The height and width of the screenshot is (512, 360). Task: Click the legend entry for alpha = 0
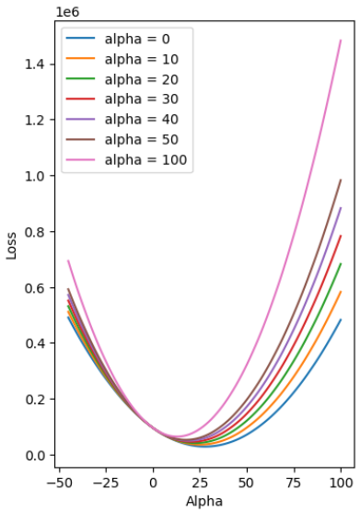click(x=118, y=39)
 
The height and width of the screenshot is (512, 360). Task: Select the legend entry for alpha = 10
click(x=122, y=59)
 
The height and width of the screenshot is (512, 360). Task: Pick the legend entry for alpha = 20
click(x=122, y=79)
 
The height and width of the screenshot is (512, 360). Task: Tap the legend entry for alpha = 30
click(x=122, y=99)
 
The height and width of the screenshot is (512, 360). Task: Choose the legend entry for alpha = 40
click(x=122, y=120)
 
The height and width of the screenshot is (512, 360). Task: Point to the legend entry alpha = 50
click(x=122, y=140)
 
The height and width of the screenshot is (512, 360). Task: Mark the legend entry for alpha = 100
click(x=126, y=160)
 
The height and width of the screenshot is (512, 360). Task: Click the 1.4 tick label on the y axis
click(x=35, y=64)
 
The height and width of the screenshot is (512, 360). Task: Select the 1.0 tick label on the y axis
click(x=35, y=176)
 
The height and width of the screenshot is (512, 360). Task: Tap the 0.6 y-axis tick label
click(x=35, y=287)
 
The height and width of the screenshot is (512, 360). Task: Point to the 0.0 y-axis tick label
click(x=35, y=455)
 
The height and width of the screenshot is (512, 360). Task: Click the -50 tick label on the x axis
click(x=59, y=483)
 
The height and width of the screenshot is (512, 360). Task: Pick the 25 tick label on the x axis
click(x=200, y=483)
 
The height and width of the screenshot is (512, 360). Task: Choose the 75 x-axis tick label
click(x=294, y=483)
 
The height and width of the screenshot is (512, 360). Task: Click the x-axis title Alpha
click(x=204, y=502)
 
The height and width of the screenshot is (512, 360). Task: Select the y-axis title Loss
click(x=11, y=246)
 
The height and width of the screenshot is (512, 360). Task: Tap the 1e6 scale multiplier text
click(x=67, y=12)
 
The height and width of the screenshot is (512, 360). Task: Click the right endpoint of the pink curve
click(x=341, y=41)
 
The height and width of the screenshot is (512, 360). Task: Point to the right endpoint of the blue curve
click(x=341, y=320)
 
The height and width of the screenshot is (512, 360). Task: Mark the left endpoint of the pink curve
click(x=68, y=261)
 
